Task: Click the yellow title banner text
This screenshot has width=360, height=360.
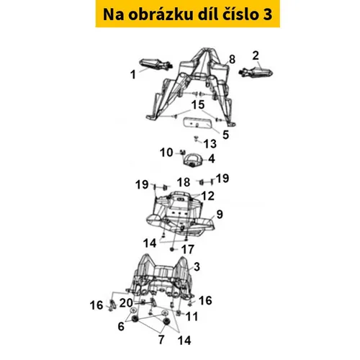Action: click(187, 14)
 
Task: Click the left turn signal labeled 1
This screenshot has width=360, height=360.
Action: click(156, 64)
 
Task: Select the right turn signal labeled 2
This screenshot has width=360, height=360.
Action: click(256, 71)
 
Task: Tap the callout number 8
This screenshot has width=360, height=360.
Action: click(232, 59)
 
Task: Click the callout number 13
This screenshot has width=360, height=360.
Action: click(210, 144)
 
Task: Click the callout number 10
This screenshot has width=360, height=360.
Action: click(166, 153)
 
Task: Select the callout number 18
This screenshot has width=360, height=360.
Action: click(184, 182)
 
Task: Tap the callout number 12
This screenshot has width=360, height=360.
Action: click(208, 196)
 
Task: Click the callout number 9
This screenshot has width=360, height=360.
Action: click(220, 215)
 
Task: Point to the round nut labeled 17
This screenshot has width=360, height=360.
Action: click(172, 250)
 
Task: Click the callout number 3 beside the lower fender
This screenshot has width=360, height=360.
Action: click(197, 266)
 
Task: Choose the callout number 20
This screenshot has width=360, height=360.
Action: click(126, 303)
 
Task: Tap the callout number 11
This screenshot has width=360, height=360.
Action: click(192, 316)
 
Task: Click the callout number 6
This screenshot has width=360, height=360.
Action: click(121, 326)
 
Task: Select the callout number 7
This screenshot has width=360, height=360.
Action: click(161, 340)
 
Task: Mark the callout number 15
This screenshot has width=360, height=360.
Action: click(198, 104)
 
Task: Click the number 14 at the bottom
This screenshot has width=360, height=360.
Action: click(184, 341)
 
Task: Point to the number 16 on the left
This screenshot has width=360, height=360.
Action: click(96, 305)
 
